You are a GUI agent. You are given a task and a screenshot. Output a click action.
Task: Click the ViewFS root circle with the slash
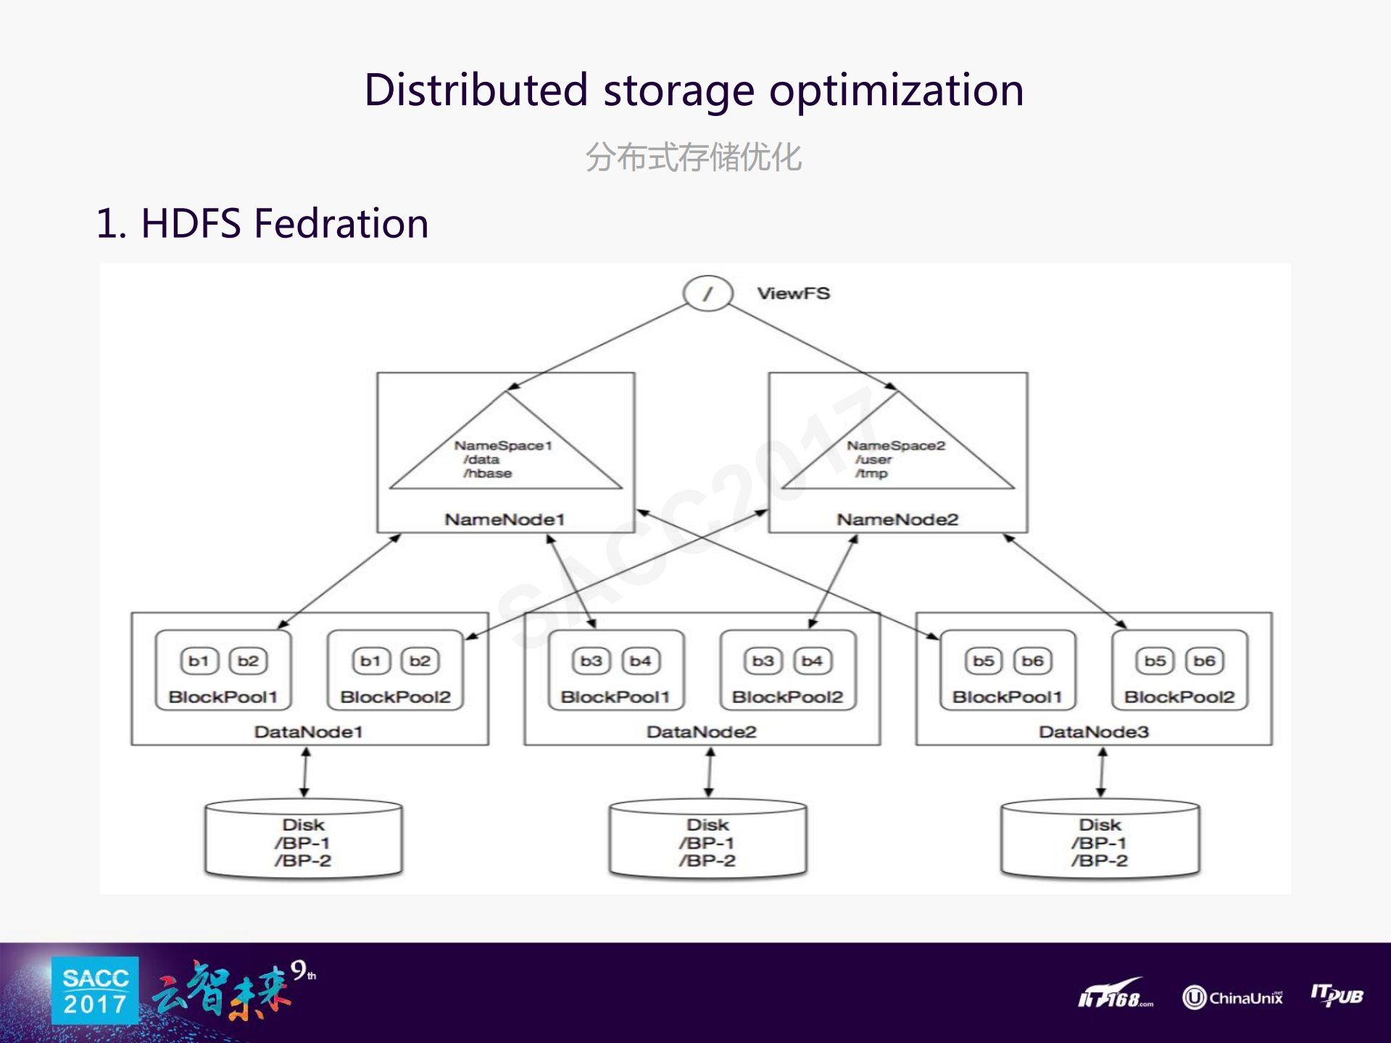[x=707, y=294]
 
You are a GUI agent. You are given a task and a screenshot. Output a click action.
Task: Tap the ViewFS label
[x=794, y=294]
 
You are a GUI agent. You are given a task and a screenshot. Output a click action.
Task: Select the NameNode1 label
[x=505, y=520]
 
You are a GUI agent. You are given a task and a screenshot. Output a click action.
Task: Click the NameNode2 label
[x=897, y=520]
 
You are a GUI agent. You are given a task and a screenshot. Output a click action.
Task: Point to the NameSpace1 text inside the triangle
[x=503, y=446]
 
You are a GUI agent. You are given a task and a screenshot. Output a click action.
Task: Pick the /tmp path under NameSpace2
[x=871, y=473]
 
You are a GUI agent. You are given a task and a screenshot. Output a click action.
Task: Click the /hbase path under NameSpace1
[x=488, y=473]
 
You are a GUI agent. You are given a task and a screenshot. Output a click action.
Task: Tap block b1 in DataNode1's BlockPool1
[x=199, y=661]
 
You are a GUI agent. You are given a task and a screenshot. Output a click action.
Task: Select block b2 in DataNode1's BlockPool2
[x=420, y=661]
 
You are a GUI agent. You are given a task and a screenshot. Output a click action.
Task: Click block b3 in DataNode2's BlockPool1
[x=591, y=661]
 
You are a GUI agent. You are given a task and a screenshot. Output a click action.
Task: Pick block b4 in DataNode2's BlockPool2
[x=812, y=661]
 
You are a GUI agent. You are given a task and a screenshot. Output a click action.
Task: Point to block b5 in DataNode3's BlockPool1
[x=984, y=661]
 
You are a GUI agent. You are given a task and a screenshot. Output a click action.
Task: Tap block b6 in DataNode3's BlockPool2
[x=1204, y=661]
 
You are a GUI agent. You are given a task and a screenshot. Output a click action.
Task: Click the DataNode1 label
[x=308, y=732]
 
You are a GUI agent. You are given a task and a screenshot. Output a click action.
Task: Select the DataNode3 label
[x=1094, y=732]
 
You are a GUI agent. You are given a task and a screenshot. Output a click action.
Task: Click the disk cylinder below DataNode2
[x=707, y=841]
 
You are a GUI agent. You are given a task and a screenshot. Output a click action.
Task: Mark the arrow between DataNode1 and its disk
[x=305, y=773]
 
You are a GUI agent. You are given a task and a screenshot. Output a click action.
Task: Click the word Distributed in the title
[x=476, y=91]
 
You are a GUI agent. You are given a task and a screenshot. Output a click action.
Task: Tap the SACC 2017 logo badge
[x=95, y=991]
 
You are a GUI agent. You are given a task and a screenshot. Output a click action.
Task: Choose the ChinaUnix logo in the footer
[x=1232, y=998]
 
